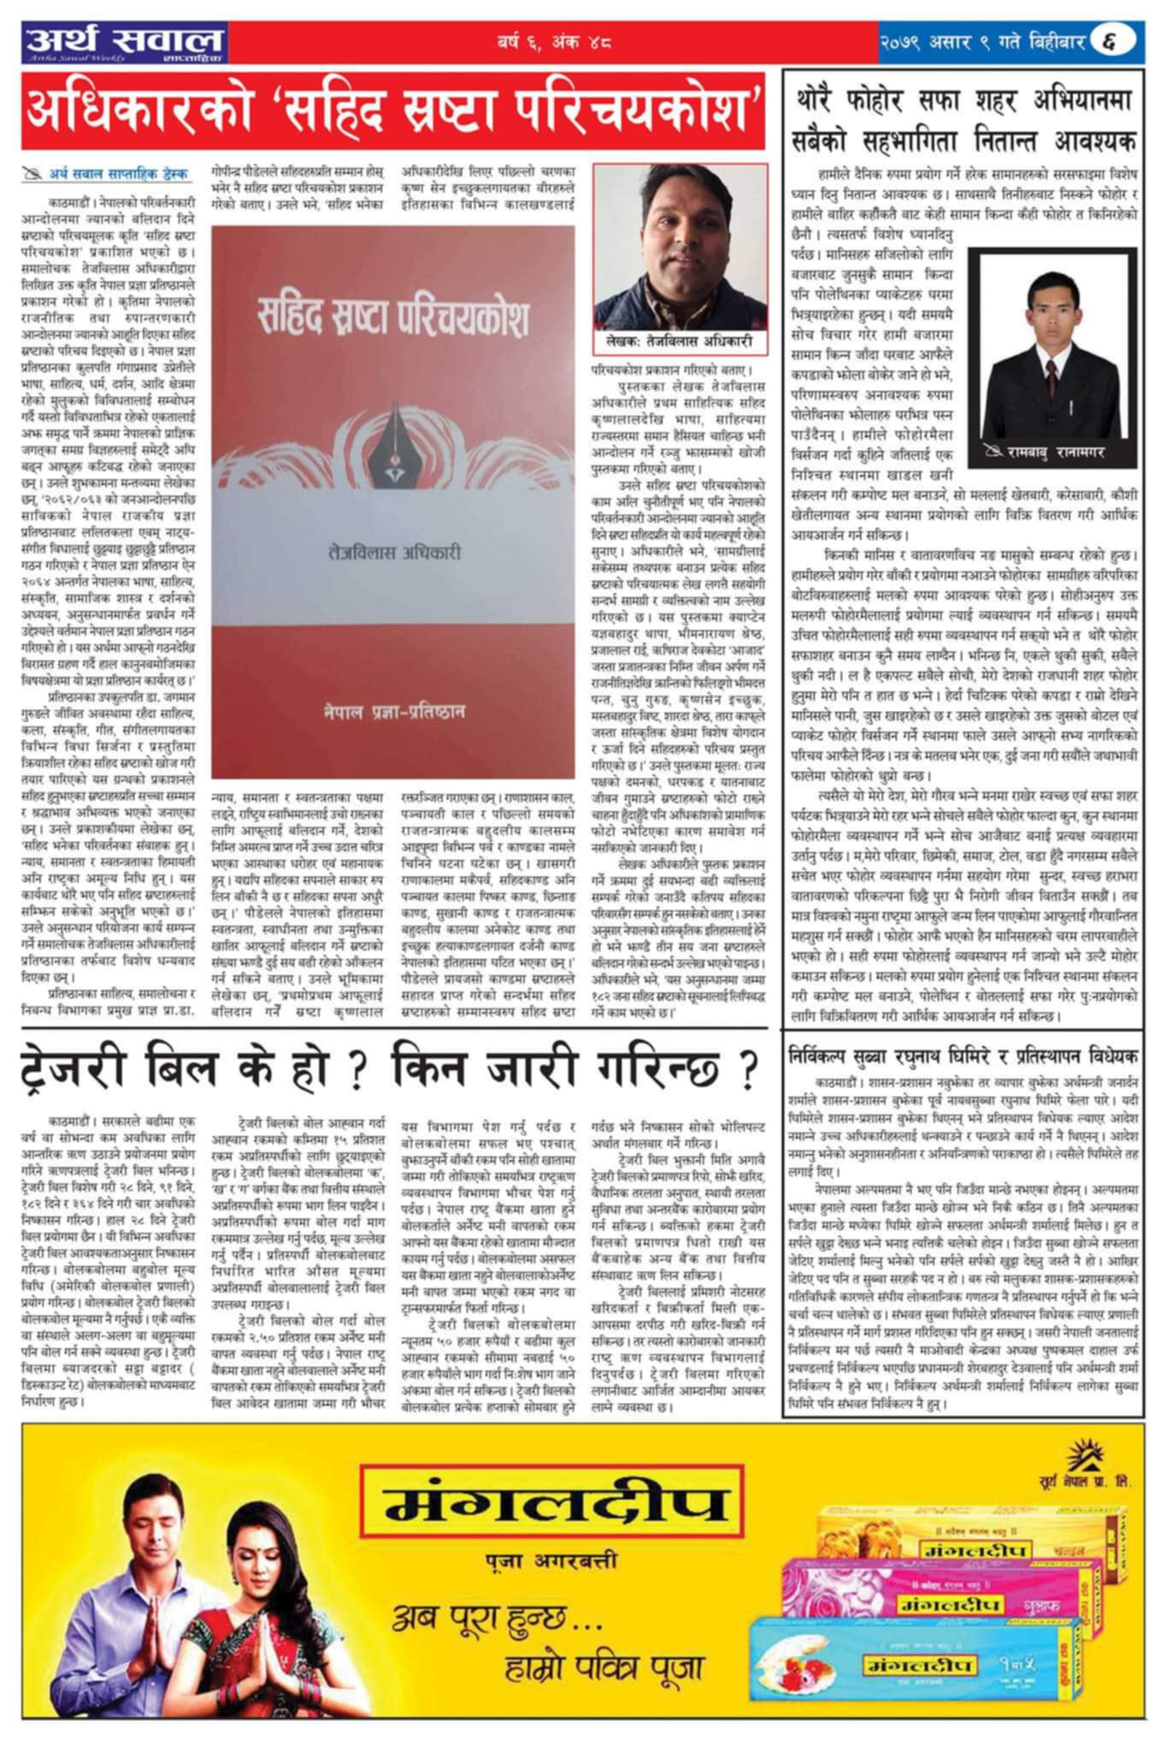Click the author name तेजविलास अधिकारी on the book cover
pyautogui.click(x=393, y=553)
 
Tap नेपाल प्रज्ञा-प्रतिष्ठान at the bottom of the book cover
pyautogui.click(x=394, y=711)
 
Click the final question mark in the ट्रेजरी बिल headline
pyautogui.click(x=747, y=1069)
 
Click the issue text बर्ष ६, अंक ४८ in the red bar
pyautogui.click(x=554, y=41)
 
